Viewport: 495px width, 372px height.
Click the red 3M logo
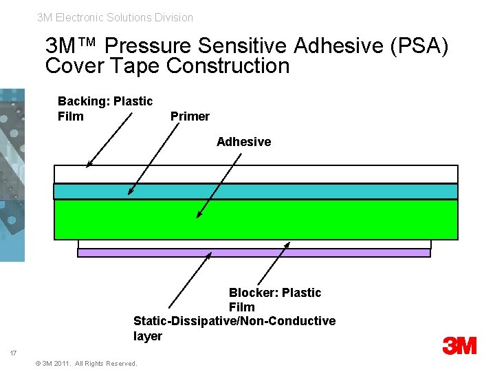pos(460,345)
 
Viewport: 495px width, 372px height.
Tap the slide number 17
pos(13,353)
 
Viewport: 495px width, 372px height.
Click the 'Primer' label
pos(189,116)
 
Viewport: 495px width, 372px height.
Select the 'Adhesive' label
pos(243,142)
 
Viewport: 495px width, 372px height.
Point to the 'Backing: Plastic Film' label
pos(104,109)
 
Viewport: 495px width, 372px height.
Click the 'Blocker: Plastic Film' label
pos(274,300)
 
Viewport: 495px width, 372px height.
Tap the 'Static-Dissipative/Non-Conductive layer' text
pos(234,329)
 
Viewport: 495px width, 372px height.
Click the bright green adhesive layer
pos(256,219)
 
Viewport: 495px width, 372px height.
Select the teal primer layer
pos(256,191)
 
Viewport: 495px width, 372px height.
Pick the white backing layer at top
pos(256,174)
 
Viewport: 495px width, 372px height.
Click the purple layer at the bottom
pos(254,253)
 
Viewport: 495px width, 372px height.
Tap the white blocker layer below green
pos(254,244)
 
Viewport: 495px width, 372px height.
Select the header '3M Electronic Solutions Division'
pos(115,17)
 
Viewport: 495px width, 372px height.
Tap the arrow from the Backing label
pos(110,140)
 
